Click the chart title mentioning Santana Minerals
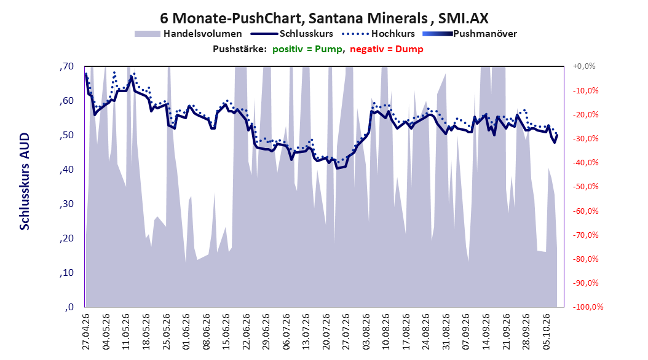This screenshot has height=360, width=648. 324,18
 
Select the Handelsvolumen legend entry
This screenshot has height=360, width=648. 189,34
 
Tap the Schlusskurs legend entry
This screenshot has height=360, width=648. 292,34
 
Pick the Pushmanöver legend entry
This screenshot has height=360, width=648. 470,34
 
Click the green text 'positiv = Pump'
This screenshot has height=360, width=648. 307,49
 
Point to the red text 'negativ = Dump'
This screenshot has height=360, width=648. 387,49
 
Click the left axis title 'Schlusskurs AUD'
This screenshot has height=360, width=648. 25,181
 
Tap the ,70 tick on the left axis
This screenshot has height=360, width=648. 66,66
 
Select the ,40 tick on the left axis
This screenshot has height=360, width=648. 66,170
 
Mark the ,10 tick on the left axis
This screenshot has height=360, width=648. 66,273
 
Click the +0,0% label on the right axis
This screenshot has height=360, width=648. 584,66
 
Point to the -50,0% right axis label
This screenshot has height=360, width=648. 585,187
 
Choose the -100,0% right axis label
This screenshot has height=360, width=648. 588,307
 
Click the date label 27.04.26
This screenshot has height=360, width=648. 86,332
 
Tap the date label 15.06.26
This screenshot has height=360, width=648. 226,332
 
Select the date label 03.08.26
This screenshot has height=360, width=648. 366,332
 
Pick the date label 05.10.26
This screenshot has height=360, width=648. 547,332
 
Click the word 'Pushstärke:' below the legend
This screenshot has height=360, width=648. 240,49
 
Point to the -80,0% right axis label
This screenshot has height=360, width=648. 585,259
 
